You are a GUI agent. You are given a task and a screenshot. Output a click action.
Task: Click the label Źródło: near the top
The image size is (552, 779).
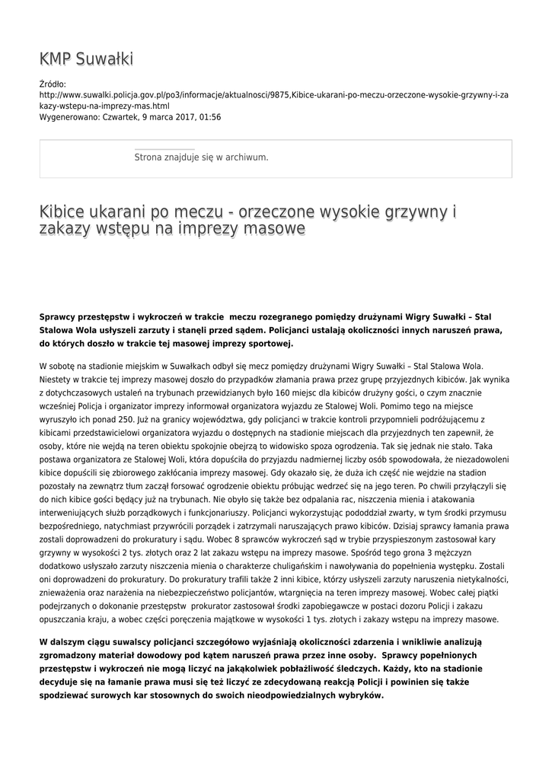[53, 84]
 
